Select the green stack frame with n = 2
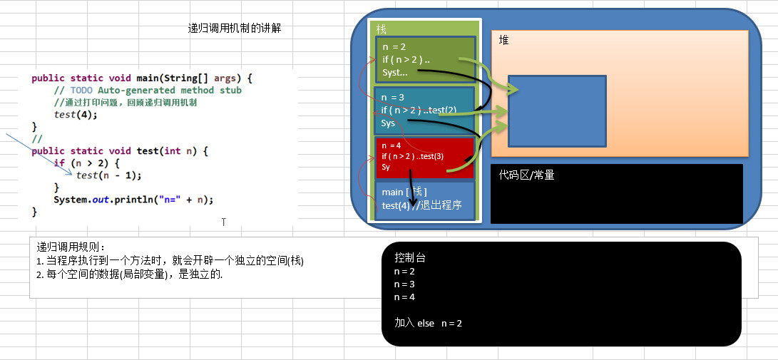coord(424,60)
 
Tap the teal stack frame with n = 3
coord(424,110)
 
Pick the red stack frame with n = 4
coord(424,158)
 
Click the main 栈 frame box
coord(424,199)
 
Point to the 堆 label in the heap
coord(504,41)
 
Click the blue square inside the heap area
coord(556,110)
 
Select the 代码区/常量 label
coord(527,175)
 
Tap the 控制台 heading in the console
coord(409,258)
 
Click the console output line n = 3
coord(404,284)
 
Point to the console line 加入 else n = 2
coord(428,323)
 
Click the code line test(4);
coord(76,115)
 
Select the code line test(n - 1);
coord(108,175)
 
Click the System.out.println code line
coord(133,200)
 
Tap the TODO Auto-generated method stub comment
coord(148,91)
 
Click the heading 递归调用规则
coord(71,247)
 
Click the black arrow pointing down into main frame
coord(413,192)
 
